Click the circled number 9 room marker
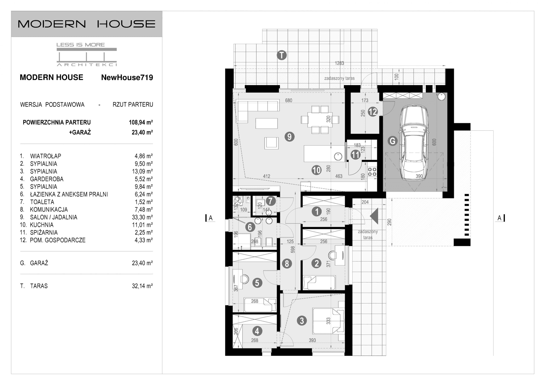(289, 137)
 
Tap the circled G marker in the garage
(392, 141)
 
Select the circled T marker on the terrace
(281, 55)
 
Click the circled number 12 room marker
(373, 112)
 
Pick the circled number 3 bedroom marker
(301, 320)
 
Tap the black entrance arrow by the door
(374, 216)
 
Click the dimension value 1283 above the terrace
(339, 63)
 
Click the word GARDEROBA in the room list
(47, 179)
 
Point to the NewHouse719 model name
(127, 78)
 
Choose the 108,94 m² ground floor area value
(140, 123)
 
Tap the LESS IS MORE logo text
(80, 45)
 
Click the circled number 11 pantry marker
(355, 155)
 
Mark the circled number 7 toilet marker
(270, 201)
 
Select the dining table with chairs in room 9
(320, 119)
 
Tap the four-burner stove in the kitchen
(372, 171)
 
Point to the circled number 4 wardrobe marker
(257, 331)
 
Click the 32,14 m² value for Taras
(142, 286)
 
